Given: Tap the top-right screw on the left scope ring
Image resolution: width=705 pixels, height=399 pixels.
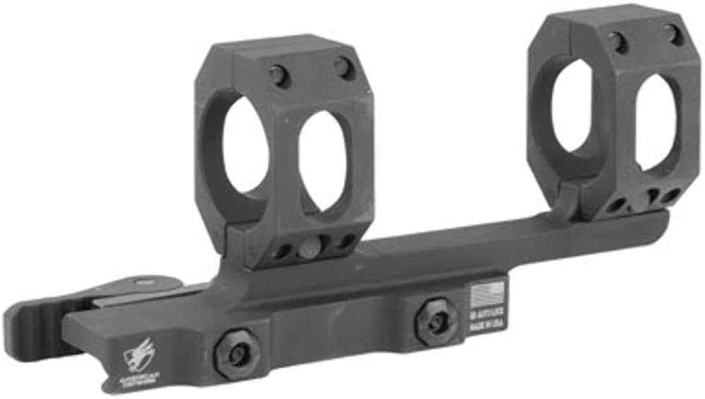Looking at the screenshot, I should coord(343,68).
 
